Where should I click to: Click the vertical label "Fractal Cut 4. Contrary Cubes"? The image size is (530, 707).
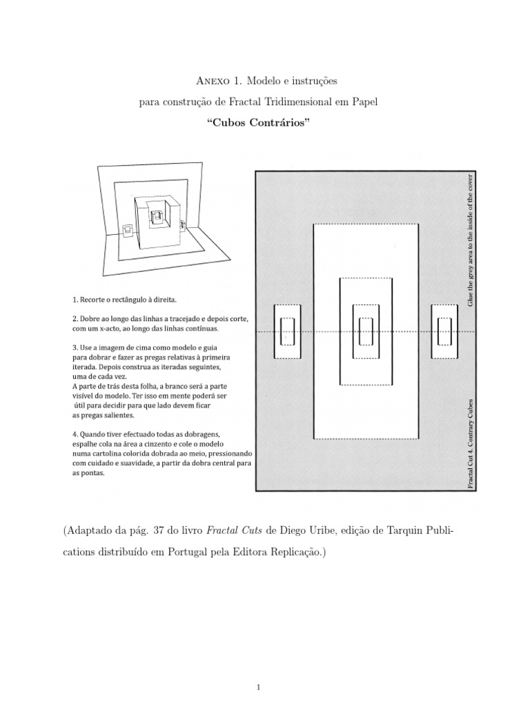pyautogui.click(x=471, y=443)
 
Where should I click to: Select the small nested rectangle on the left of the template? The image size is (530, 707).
pyautogui.click(x=287, y=331)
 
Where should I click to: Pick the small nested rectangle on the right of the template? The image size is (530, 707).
pyautogui.click(x=444, y=331)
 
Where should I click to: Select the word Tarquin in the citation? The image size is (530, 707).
pyautogui.click(x=395, y=530)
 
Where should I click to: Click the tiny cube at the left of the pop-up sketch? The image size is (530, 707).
pyautogui.click(x=128, y=231)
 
